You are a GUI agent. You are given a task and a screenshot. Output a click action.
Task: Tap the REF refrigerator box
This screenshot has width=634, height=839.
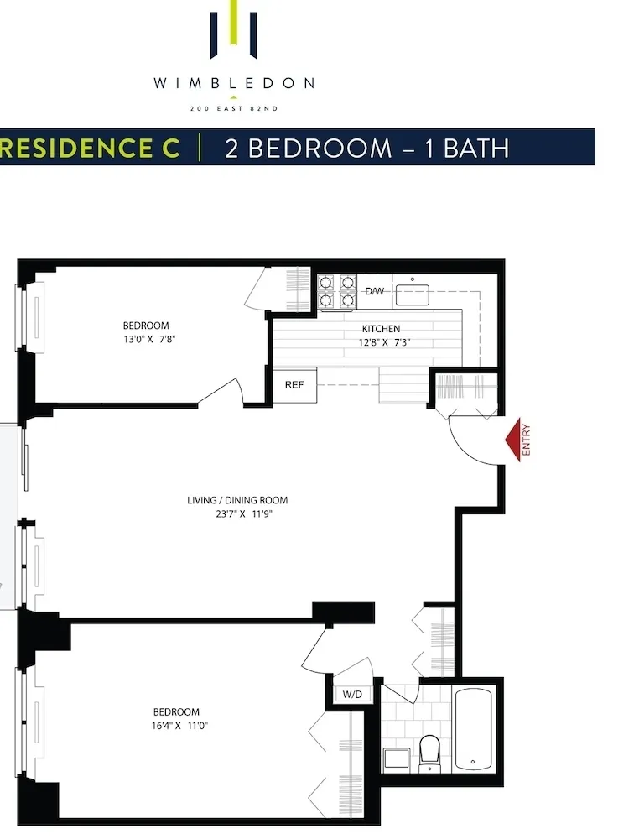[x=294, y=385]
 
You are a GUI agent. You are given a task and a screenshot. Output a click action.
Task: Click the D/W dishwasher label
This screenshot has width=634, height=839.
[x=374, y=291]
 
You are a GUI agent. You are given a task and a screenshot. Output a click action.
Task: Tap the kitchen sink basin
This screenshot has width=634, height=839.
[x=412, y=294]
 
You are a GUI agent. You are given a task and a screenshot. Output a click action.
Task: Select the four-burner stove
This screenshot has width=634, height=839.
[x=337, y=290]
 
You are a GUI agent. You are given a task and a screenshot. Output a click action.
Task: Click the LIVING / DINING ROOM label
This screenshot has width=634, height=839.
[x=237, y=501]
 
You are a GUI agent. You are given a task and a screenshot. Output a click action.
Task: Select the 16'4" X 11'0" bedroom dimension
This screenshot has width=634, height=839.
[x=175, y=726]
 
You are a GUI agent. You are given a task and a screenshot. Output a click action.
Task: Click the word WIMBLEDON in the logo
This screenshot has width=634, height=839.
[x=234, y=83]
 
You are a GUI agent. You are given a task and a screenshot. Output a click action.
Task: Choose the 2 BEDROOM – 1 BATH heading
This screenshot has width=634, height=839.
[x=366, y=148]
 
